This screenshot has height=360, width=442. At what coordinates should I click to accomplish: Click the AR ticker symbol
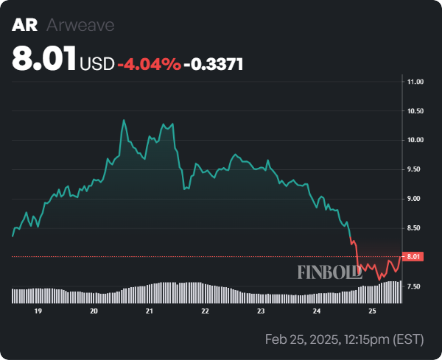click(24, 26)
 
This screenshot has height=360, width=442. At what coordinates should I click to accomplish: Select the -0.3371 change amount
click(214, 64)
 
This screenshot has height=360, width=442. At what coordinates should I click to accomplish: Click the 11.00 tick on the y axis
click(415, 82)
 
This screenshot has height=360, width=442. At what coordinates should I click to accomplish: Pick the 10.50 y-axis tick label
click(415, 111)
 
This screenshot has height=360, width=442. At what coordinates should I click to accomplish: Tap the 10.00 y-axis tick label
click(415, 140)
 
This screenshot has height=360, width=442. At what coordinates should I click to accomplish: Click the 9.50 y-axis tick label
click(415, 169)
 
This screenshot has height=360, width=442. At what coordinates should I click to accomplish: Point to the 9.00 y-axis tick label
click(415, 199)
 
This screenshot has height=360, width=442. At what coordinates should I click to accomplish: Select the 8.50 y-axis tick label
click(415, 228)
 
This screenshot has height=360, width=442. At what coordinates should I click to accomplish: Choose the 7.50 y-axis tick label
click(415, 286)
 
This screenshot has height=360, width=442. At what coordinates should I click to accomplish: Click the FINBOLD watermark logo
click(329, 272)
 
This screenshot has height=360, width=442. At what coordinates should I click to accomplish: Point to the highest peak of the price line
click(124, 120)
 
